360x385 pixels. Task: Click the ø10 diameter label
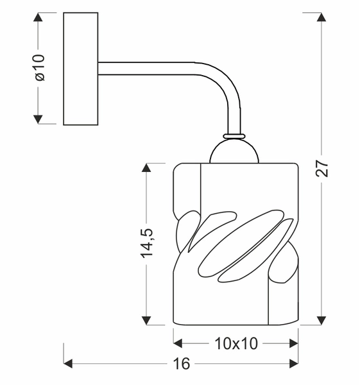click(39, 67)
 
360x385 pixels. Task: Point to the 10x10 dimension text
click(236, 344)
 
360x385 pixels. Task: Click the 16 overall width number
click(182, 364)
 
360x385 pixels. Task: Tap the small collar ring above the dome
click(234, 136)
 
